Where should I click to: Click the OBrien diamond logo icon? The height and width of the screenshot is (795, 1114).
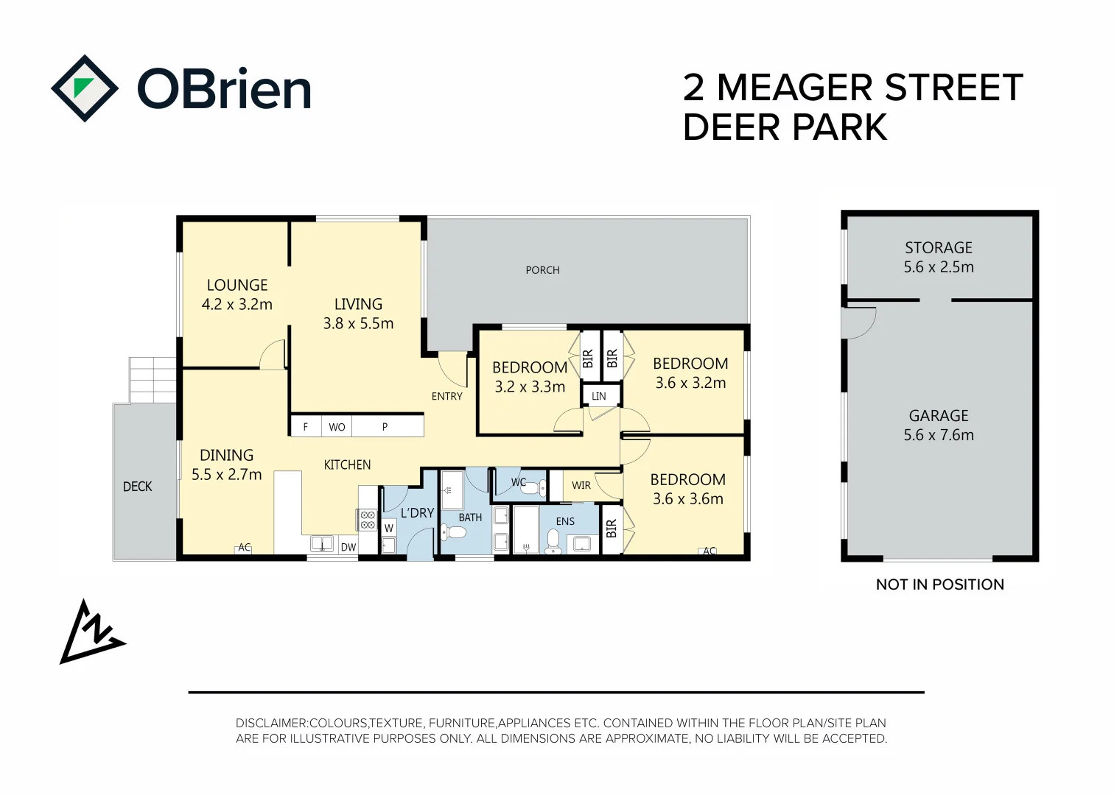[85, 88]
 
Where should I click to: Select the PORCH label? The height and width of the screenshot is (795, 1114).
[542, 270]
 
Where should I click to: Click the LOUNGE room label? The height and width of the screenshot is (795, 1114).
[237, 285]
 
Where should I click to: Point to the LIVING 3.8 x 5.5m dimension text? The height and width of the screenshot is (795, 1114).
[358, 323]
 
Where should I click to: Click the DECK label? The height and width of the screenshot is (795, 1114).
[137, 487]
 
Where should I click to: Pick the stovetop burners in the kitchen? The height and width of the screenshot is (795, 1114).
[368, 520]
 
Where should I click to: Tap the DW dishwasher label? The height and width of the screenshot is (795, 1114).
[348, 547]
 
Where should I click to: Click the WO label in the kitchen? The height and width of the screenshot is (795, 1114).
[337, 427]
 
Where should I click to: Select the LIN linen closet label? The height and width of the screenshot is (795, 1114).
[599, 396]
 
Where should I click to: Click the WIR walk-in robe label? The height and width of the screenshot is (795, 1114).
[581, 485]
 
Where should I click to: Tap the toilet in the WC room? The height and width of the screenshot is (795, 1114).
[532, 489]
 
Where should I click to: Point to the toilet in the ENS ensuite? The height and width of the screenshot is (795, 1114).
[553, 542]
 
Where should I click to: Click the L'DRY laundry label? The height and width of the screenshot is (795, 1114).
[417, 513]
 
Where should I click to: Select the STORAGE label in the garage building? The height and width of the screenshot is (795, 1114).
[939, 247]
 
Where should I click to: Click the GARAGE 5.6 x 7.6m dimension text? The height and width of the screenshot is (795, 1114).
[939, 435]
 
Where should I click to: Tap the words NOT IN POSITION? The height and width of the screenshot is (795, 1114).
[940, 584]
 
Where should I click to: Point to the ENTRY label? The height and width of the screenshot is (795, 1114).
[446, 396]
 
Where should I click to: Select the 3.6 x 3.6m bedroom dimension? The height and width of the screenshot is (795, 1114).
[688, 498]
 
